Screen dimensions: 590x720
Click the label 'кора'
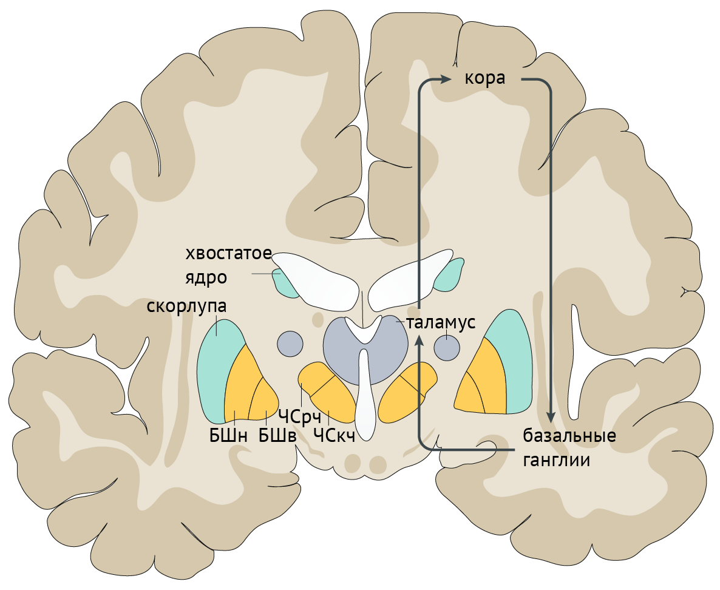[x=485, y=79]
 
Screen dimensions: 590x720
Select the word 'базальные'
[x=569, y=436]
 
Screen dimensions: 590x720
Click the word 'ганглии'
[x=556, y=460]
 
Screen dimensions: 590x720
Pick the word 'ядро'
[x=206, y=278]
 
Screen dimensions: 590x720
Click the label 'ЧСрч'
[x=299, y=416]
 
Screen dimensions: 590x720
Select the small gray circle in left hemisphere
[x=290, y=344]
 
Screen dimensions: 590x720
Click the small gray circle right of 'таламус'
[x=447, y=348]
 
